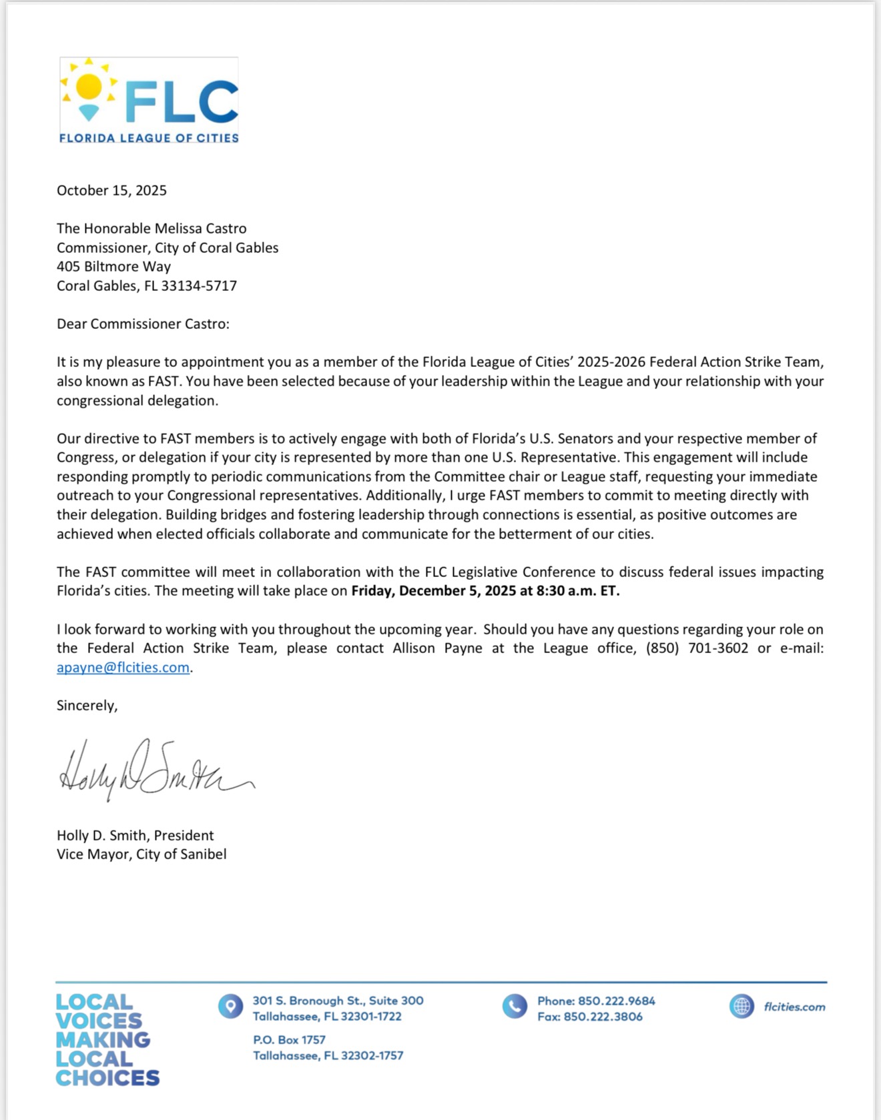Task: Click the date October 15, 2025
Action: (111, 191)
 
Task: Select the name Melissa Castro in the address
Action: (200, 229)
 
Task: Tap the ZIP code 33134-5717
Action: (199, 286)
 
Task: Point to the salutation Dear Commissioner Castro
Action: (142, 324)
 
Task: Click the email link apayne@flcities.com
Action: (123, 668)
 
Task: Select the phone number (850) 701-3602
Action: (697, 648)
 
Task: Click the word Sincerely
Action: (87, 706)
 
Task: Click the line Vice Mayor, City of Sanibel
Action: (141, 855)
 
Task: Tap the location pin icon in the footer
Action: (230, 1006)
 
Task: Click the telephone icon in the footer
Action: (515, 1006)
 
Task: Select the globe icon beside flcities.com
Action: (742, 1006)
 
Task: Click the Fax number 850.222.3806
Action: (603, 1017)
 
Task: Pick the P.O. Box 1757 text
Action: (289, 1040)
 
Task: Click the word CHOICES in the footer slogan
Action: (107, 1078)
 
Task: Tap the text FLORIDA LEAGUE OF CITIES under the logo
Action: (149, 138)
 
